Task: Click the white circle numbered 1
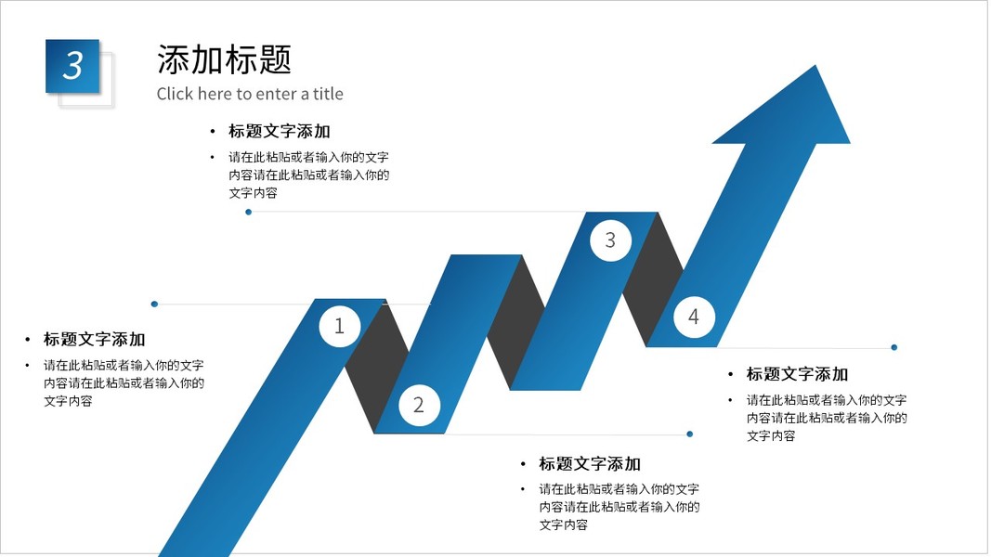(x=339, y=326)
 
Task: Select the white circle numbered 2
(x=418, y=405)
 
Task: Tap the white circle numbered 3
(x=610, y=240)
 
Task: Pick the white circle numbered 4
(x=693, y=317)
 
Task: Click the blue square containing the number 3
(x=72, y=66)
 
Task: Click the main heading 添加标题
(x=224, y=59)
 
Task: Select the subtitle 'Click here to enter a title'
(x=250, y=94)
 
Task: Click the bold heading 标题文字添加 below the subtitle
(x=279, y=131)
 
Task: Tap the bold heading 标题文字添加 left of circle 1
(x=94, y=340)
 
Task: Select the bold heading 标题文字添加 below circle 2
(x=590, y=464)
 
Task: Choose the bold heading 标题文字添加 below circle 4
(x=797, y=374)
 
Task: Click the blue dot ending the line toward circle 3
(x=248, y=212)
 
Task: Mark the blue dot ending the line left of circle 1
(x=154, y=304)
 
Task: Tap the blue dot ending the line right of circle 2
(x=689, y=434)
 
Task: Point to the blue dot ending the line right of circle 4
(x=893, y=347)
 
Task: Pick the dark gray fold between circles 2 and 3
(x=516, y=320)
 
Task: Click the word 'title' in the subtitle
(x=328, y=94)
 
